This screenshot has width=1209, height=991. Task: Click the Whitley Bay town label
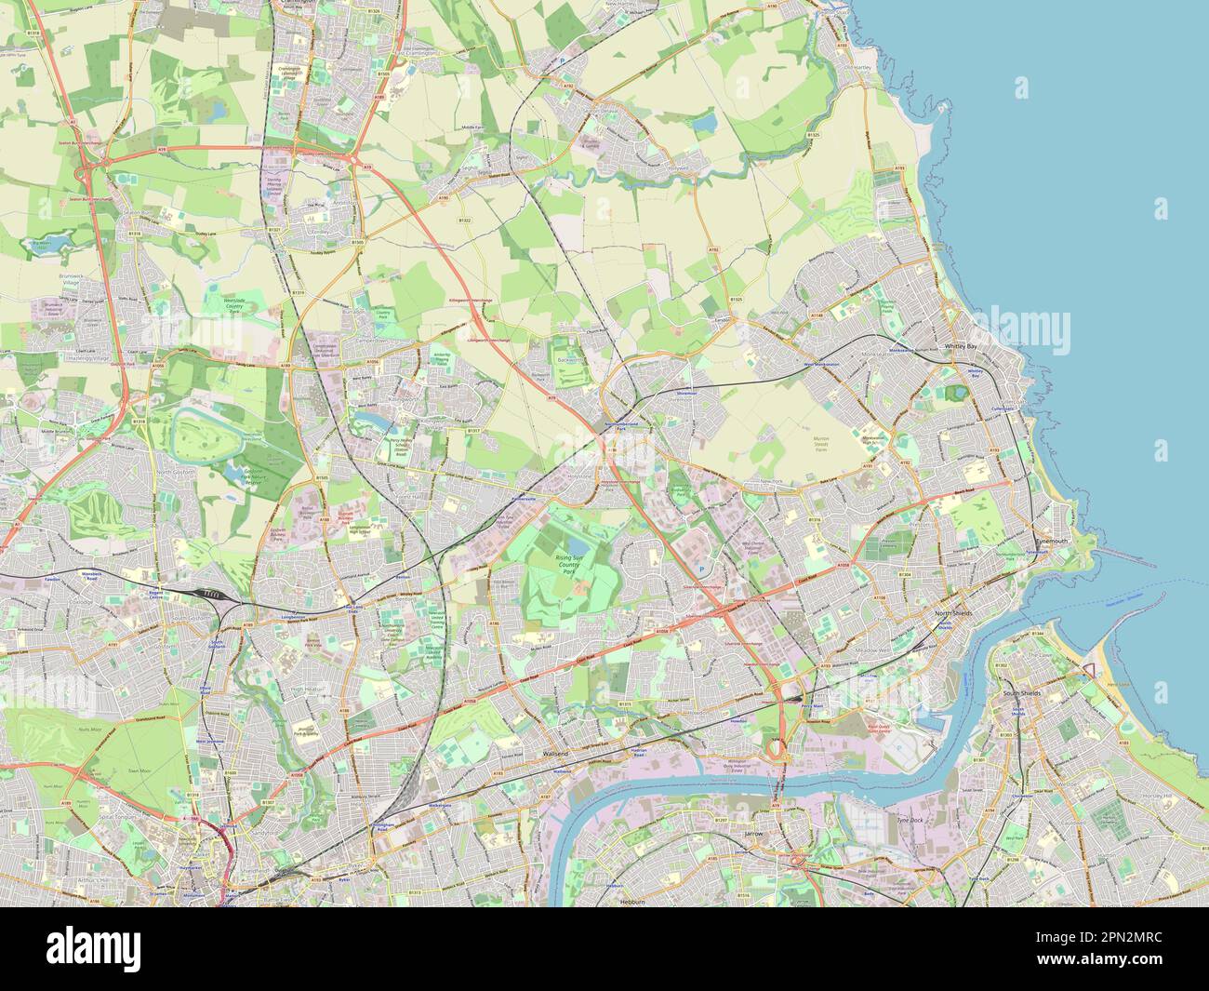coord(961,345)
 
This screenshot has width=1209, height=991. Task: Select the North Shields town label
coord(951,616)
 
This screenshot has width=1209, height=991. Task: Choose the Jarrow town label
coord(753,834)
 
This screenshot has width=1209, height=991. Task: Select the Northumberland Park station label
coord(618,422)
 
